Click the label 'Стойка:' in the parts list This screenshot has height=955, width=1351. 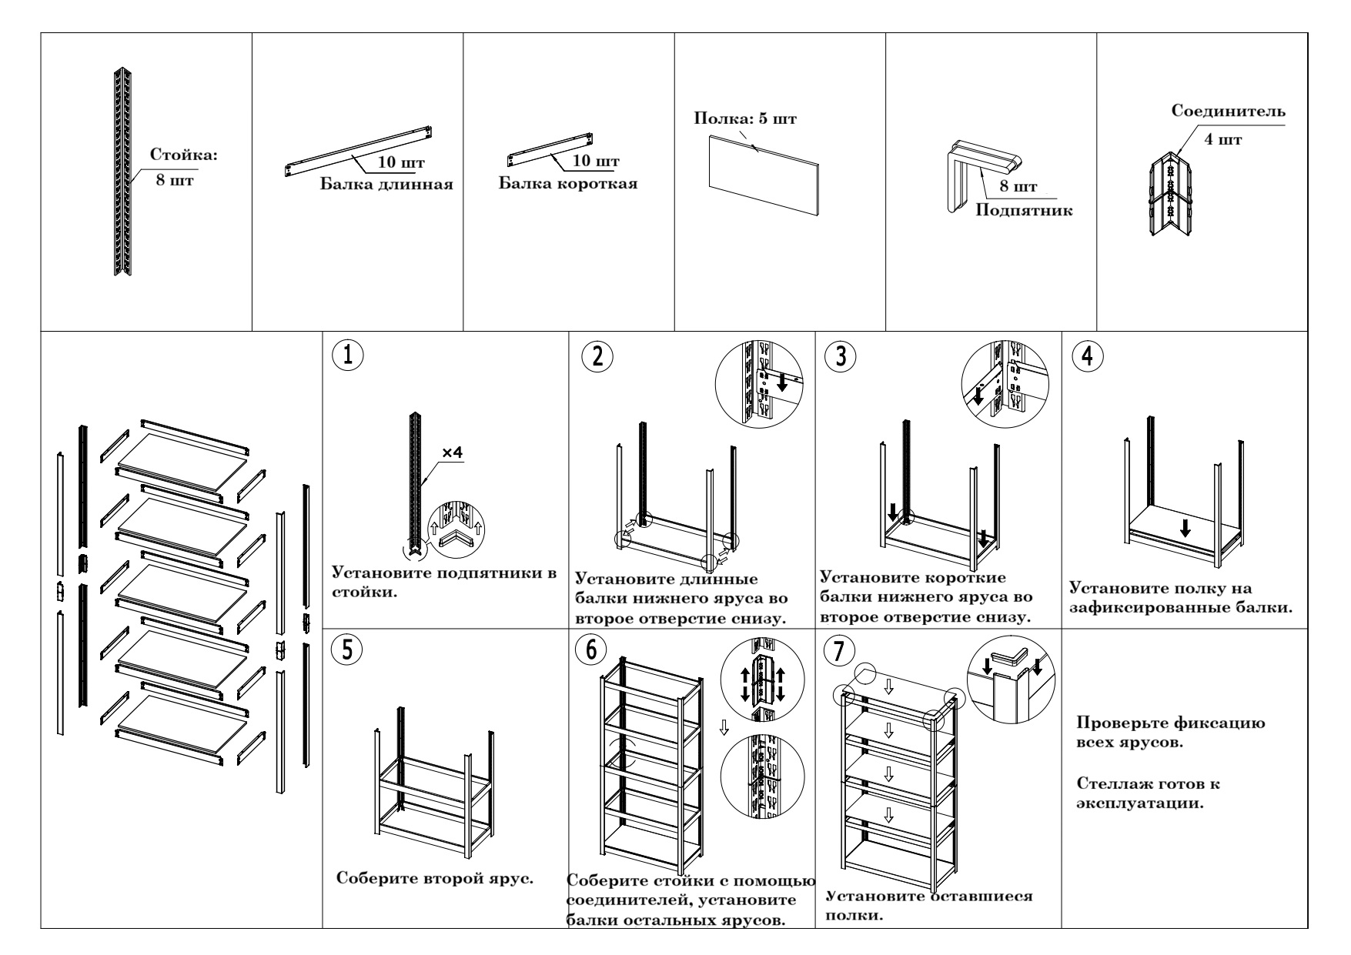pos(184,155)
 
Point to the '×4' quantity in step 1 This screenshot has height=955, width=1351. pos(452,454)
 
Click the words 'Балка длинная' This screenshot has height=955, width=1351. pos(386,185)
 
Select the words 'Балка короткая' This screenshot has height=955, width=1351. pos(568,185)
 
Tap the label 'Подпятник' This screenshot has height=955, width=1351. pos(1024,210)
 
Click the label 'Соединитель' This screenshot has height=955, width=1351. pos(1228,112)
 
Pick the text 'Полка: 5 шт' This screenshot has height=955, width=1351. pos(745,119)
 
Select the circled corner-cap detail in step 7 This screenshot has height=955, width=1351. pos(1010,678)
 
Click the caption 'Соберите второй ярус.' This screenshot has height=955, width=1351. pos(436,878)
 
